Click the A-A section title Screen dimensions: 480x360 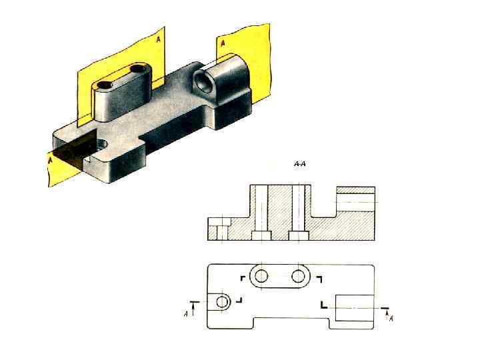click(300, 164)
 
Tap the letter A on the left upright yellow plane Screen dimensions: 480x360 click(158, 39)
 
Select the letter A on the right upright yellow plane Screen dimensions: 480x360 click(223, 43)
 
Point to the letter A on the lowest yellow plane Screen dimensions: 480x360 click(50, 159)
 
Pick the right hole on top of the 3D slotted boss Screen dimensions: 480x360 click(139, 68)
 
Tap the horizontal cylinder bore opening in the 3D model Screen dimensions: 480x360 click(203, 82)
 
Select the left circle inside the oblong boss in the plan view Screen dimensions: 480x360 click(261, 276)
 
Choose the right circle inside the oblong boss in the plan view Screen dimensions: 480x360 click(298, 276)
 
